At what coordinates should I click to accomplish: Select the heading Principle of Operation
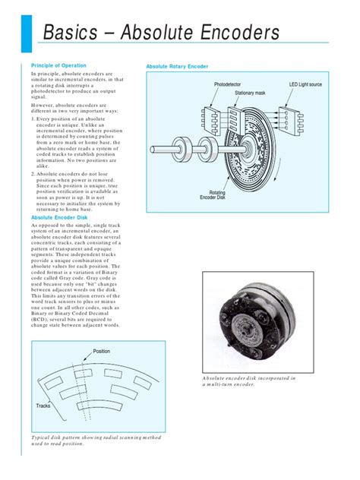tap(58, 66)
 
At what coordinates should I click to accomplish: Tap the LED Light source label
tap(305, 84)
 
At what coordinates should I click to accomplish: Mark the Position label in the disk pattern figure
tap(102, 351)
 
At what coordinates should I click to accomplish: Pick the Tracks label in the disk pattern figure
tap(43, 407)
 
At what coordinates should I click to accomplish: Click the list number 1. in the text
tap(33, 118)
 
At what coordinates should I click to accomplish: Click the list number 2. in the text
tap(33, 173)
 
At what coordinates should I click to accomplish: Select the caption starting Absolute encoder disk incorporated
tap(249, 381)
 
